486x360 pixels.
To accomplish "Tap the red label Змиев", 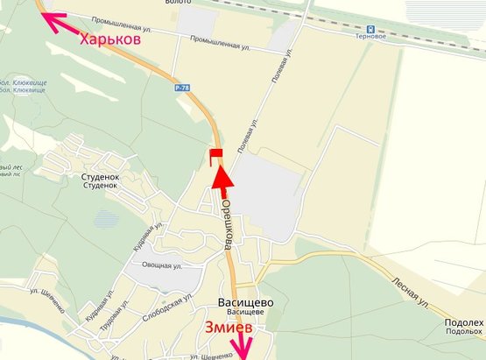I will coord(229,328).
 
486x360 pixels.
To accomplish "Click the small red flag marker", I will coord(215,156).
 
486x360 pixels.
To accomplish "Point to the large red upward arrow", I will coord(222,181).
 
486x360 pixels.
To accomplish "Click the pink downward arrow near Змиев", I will coord(243,346).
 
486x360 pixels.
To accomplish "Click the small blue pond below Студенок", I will coord(106,218).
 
